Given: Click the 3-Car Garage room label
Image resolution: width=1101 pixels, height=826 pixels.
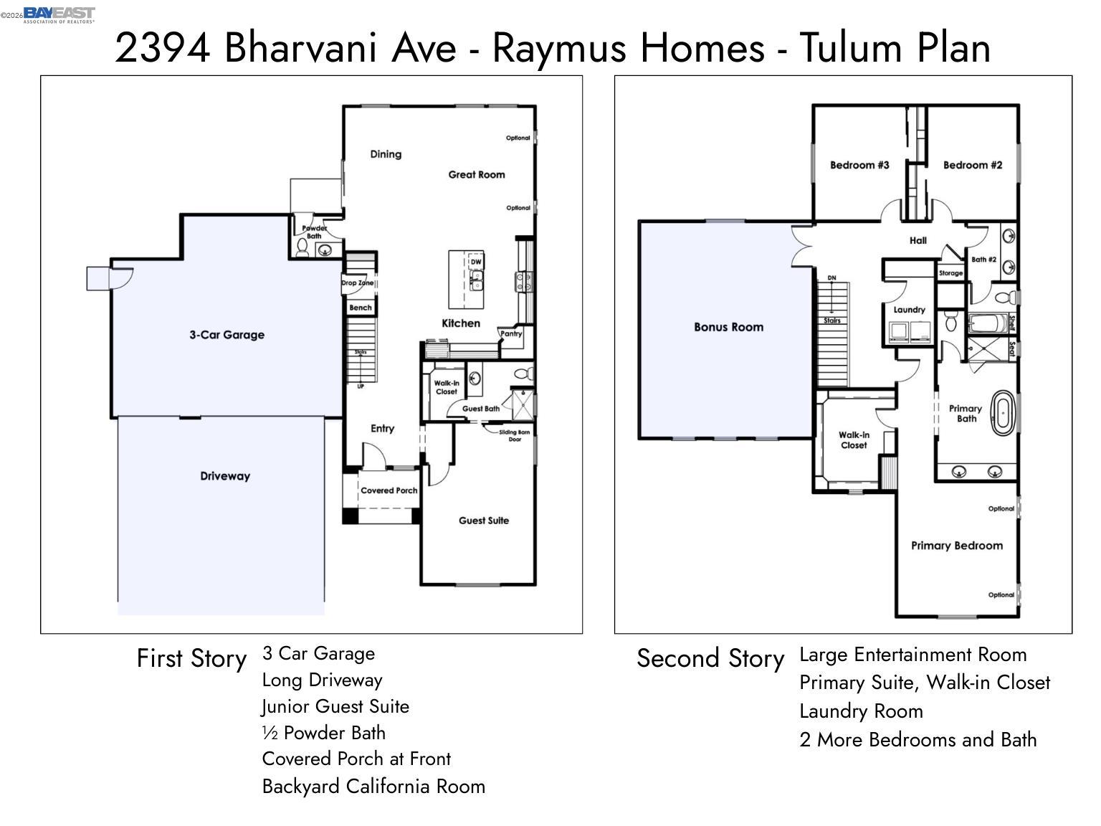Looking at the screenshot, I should click(227, 335).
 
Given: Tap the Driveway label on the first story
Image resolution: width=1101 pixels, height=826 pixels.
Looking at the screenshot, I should click(225, 476).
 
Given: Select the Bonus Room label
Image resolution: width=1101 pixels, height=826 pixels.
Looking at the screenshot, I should click(728, 327).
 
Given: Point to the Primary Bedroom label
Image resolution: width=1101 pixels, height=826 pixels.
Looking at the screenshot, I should click(956, 546).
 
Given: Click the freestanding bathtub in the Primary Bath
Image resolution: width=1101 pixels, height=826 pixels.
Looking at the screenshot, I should click(1003, 414).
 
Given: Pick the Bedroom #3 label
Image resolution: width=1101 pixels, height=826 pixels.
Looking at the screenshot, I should click(859, 165).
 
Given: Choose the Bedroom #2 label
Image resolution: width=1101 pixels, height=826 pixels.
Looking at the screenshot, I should click(972, 165).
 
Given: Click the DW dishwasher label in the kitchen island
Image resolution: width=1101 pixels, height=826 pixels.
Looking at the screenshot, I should click(476, 262).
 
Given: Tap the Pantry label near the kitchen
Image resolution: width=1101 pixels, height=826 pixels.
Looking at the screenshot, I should click(511, 333).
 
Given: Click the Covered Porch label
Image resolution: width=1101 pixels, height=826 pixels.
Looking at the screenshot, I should click(389, 490).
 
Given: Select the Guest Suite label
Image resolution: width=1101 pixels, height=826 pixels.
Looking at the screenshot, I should click(484, 521).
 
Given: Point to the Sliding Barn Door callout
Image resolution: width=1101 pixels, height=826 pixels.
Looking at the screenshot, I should click(514, 435).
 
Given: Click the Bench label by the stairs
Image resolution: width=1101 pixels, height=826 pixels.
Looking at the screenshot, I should click(361, 308).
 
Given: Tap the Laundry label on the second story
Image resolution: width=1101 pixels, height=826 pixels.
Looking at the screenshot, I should click(909, 310).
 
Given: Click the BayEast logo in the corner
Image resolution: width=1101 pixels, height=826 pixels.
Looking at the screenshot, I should click(59, 14).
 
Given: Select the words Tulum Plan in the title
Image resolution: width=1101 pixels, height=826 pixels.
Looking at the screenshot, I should click(895, 48).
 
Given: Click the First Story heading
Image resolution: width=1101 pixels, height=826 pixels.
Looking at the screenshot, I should click(191, 658).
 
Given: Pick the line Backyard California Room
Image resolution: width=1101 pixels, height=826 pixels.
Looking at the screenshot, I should click(373, 787).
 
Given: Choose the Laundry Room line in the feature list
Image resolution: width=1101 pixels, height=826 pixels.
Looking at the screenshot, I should click(861, 711).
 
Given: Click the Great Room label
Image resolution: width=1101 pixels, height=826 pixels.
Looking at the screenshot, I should click(476, 174).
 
